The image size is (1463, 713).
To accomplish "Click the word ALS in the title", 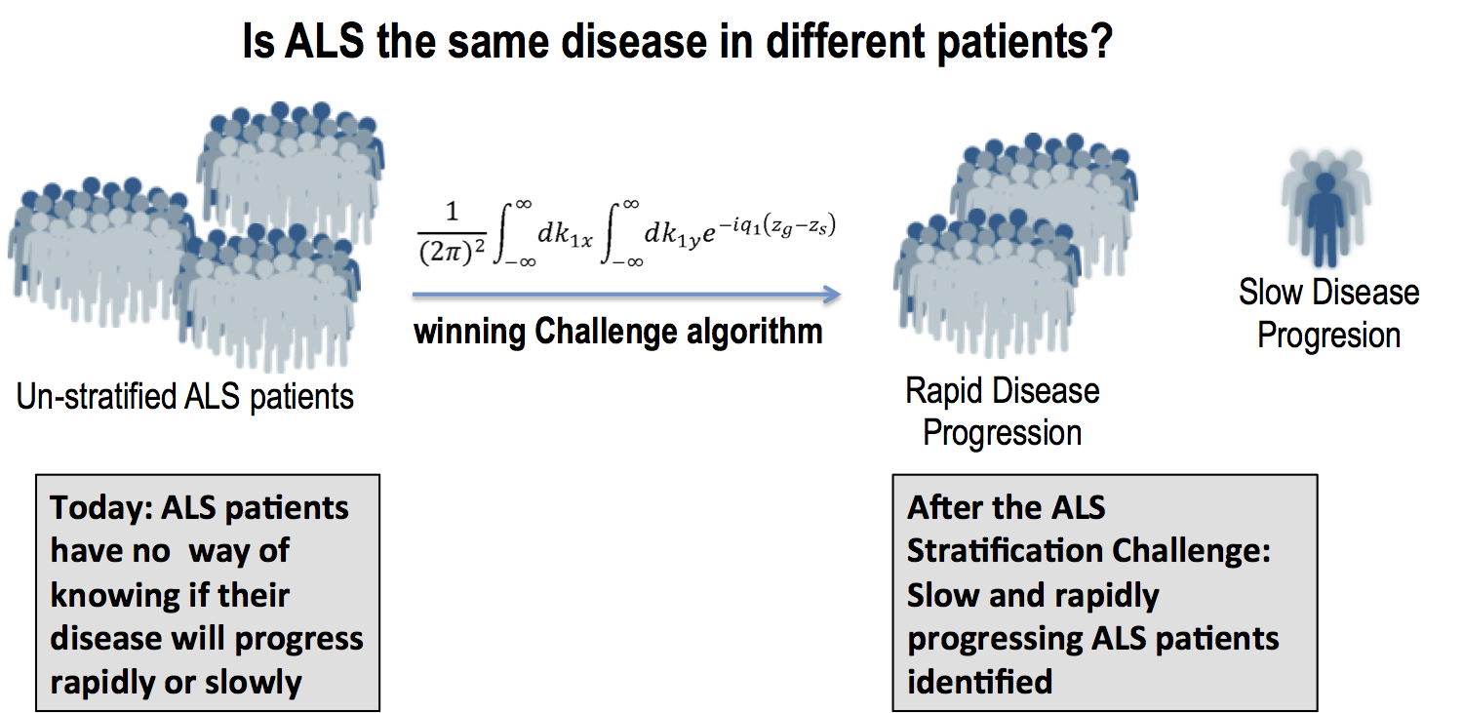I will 318,44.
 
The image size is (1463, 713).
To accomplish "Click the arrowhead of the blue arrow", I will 832,294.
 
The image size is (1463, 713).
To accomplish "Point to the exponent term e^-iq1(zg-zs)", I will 775,230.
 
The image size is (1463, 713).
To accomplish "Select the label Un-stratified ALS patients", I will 185,397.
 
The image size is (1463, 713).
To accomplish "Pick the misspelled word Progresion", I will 1328,336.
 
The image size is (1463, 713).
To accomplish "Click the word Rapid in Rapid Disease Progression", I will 941,391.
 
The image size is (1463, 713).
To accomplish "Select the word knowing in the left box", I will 116,595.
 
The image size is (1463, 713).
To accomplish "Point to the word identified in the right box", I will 979,681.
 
